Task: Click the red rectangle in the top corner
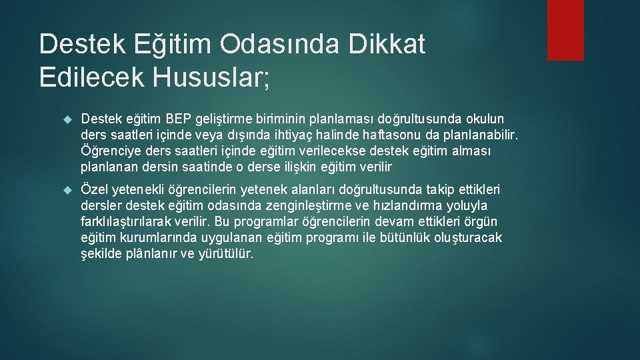[565, 30]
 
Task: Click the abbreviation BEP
[179, 119]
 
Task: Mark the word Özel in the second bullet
[93, 190]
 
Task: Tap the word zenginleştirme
[326, 206]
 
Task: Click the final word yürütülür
[227, 254]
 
